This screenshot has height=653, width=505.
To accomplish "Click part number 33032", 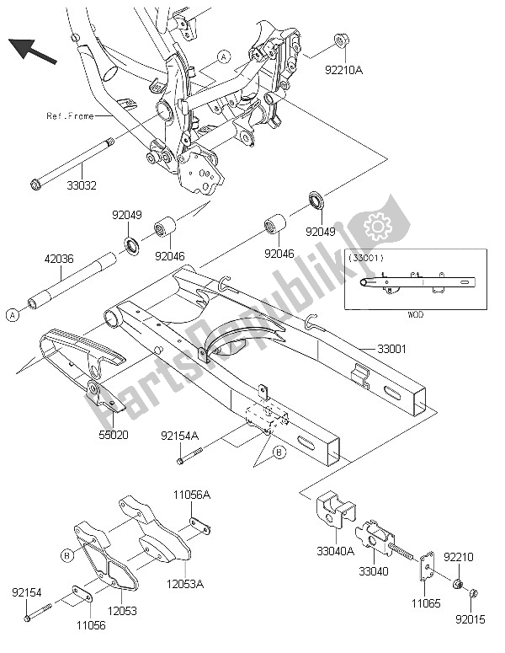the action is (82, 185).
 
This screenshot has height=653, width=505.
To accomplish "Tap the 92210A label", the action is (343, 71).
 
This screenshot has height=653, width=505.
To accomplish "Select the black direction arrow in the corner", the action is (33, 51).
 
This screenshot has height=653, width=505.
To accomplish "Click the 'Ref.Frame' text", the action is (71, 116).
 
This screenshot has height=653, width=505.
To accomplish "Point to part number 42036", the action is (59, 259).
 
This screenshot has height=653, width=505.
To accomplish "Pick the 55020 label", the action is (113, 436).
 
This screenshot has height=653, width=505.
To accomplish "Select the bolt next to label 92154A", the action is (189, 456).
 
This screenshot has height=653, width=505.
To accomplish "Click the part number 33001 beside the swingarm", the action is (391, 349).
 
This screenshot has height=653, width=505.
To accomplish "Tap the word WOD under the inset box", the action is (415, 314).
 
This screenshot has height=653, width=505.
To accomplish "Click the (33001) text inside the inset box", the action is (366, 258).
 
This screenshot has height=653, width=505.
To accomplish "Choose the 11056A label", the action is (192, 495).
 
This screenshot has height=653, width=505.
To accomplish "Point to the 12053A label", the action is (185, 584).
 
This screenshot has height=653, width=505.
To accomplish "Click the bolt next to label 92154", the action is (38, 613).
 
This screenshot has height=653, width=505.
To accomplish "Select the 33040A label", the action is (335, 551).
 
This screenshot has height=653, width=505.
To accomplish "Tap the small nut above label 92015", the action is (473, 593).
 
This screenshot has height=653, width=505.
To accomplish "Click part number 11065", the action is (427, 603).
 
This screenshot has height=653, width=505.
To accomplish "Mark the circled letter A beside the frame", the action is (224, 56).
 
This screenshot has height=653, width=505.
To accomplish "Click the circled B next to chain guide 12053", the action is (66, 555).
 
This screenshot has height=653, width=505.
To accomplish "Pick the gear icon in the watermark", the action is (378, 226).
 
